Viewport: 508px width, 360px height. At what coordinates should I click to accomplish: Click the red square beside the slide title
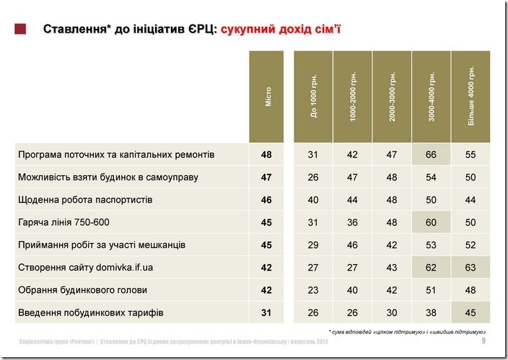click(21, 30)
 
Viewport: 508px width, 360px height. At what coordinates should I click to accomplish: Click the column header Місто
click(268, 97)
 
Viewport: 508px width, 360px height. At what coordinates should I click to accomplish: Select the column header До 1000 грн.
click(313, 97)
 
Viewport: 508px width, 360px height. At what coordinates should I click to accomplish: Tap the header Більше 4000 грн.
click(470, 97)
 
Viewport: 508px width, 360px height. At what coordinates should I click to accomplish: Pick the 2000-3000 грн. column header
click(392, 97)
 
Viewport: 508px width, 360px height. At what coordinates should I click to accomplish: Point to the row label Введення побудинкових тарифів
click(90, 313)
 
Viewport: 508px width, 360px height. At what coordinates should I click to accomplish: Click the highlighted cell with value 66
click(431, 154)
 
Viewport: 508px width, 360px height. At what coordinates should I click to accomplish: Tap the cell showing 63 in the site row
click(470, 268)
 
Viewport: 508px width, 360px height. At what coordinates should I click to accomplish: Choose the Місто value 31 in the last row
click(267, 313)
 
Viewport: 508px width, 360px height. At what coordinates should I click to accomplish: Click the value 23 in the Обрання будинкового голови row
click(312, 291)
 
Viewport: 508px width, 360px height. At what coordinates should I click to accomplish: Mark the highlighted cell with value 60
click(431, 222)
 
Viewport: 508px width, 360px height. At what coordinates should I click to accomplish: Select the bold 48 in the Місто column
click(267, 154)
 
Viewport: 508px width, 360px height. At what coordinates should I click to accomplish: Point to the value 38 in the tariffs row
click(431, 313)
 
